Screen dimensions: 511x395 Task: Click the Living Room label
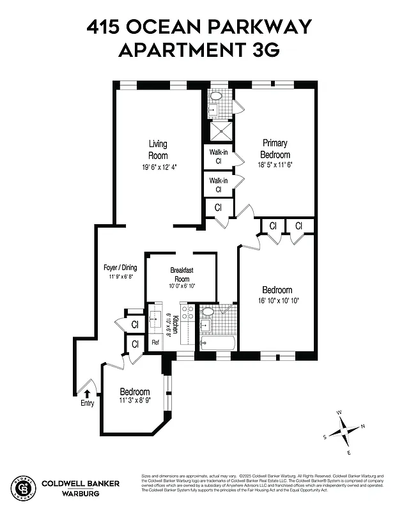click(158, 149)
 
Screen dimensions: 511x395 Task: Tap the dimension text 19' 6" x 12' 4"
click(159, 167)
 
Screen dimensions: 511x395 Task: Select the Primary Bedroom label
click(275, 149)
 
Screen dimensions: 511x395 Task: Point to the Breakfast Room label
click(181, 275)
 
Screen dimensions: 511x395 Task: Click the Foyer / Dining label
click(120, 268)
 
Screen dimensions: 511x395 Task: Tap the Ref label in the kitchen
click(155, 342)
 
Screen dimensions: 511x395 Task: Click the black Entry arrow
click(88, 393)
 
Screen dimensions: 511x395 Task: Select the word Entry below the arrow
click(88, 403)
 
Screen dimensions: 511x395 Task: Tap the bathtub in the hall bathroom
click(218, 344)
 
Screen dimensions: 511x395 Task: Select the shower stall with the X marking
click(222, 131)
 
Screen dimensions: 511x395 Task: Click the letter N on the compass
click(362, 426)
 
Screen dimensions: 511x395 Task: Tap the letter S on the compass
click(325, 437)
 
